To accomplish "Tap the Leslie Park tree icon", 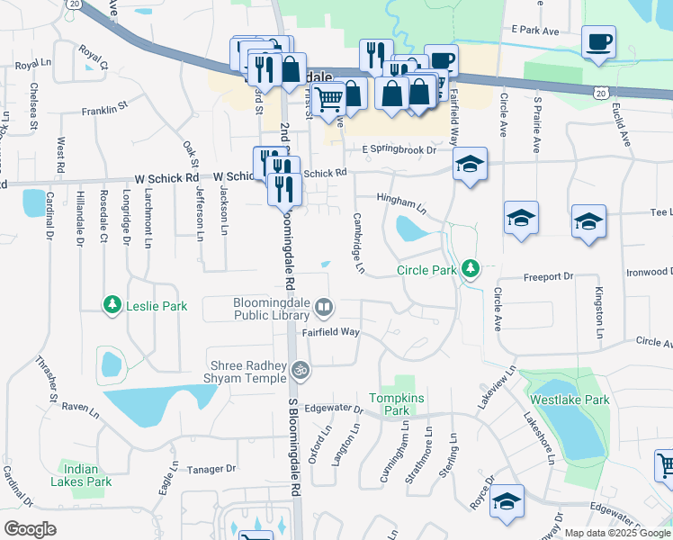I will pyautogui.click(x=112, y=306).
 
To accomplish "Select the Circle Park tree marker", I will pyautogui.click(x=469, y=269).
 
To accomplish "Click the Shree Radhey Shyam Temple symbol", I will pyautogui.click(x=302, y=369).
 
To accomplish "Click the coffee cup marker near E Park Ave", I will pyautogui.click(x=598, y=41).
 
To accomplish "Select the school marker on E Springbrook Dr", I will pyautogui.click(x=469, y=164).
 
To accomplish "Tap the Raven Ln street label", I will pyautogui.click(x=79, y=407).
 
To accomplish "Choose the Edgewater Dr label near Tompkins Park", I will pyautogui.click(x=332, y=409).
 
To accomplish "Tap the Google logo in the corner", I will pyautogui.click(x=30, y=528).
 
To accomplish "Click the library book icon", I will pyautogui.click(x=324, y=309).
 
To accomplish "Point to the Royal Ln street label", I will pyautogui.click(x=33, y=65).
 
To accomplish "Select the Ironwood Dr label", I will pyautogui.click(x=649, y=271).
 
